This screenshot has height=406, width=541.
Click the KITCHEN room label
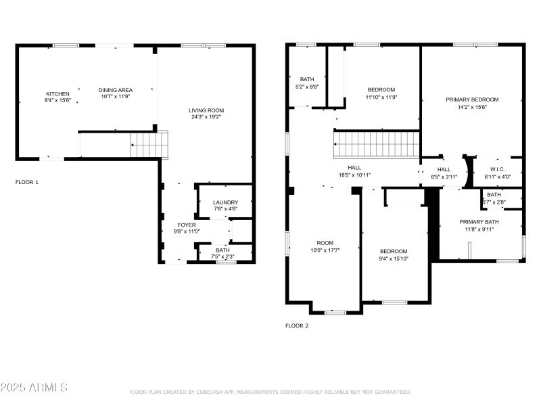(57, 94)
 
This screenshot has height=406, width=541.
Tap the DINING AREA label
(116, 90)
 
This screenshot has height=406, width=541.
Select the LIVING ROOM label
(206, 110)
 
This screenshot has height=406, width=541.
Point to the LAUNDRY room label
(225, 202)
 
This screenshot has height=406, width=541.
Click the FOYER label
(187, 225)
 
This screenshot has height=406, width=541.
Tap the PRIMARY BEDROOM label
(472, 99)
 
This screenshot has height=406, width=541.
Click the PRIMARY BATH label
(479, 222)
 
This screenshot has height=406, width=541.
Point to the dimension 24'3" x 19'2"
(206, 117)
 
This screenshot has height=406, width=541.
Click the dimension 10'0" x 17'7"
(325, 250)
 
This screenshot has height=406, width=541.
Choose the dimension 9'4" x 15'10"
(393, 258)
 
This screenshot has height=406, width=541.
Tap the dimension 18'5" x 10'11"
(355, 175)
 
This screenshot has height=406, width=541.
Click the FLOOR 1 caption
(27, 182)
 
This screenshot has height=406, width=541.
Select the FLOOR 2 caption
(297, 325)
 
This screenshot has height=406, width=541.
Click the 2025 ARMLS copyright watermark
(34, 388)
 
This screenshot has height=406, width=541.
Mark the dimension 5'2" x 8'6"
(307, 87)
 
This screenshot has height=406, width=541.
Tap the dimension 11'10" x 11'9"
(381, 97)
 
